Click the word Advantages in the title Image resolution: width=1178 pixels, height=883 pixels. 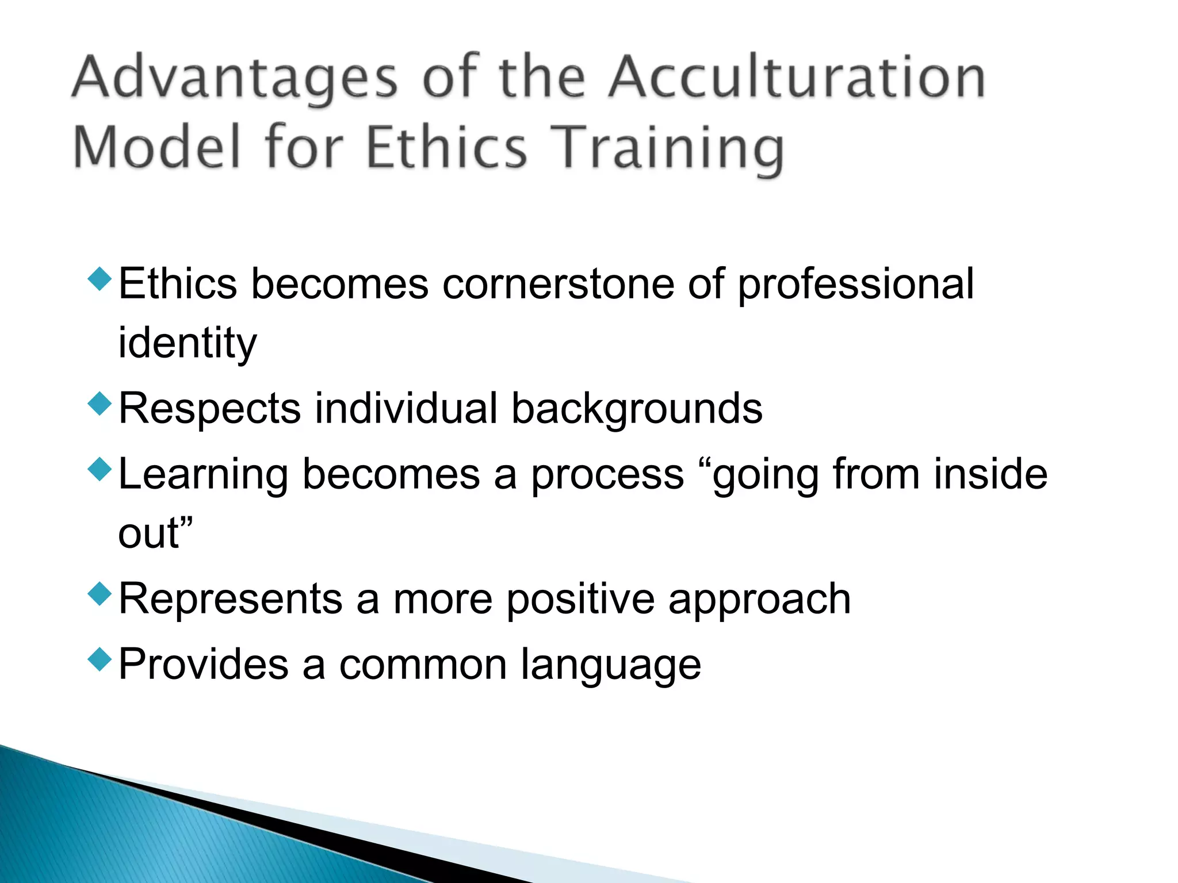(235, 78)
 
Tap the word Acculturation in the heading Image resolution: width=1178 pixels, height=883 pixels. (797, 78)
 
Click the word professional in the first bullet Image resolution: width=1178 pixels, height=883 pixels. (856, 284)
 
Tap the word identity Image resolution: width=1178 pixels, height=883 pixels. (187, 344)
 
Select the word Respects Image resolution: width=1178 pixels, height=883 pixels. (209, 409)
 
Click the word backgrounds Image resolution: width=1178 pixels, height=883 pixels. (637, 409)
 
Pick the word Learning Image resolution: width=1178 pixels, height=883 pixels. (203, 474)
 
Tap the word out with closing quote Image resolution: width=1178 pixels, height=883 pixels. (155, 533)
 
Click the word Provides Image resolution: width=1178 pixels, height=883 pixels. (203, 665)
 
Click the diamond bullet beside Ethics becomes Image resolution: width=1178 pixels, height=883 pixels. (100, 279)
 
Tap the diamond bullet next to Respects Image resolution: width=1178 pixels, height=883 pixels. (100, 404)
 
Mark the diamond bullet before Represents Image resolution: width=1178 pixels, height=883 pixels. (100, 594)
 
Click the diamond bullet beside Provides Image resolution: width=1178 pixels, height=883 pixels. (100, 659)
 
